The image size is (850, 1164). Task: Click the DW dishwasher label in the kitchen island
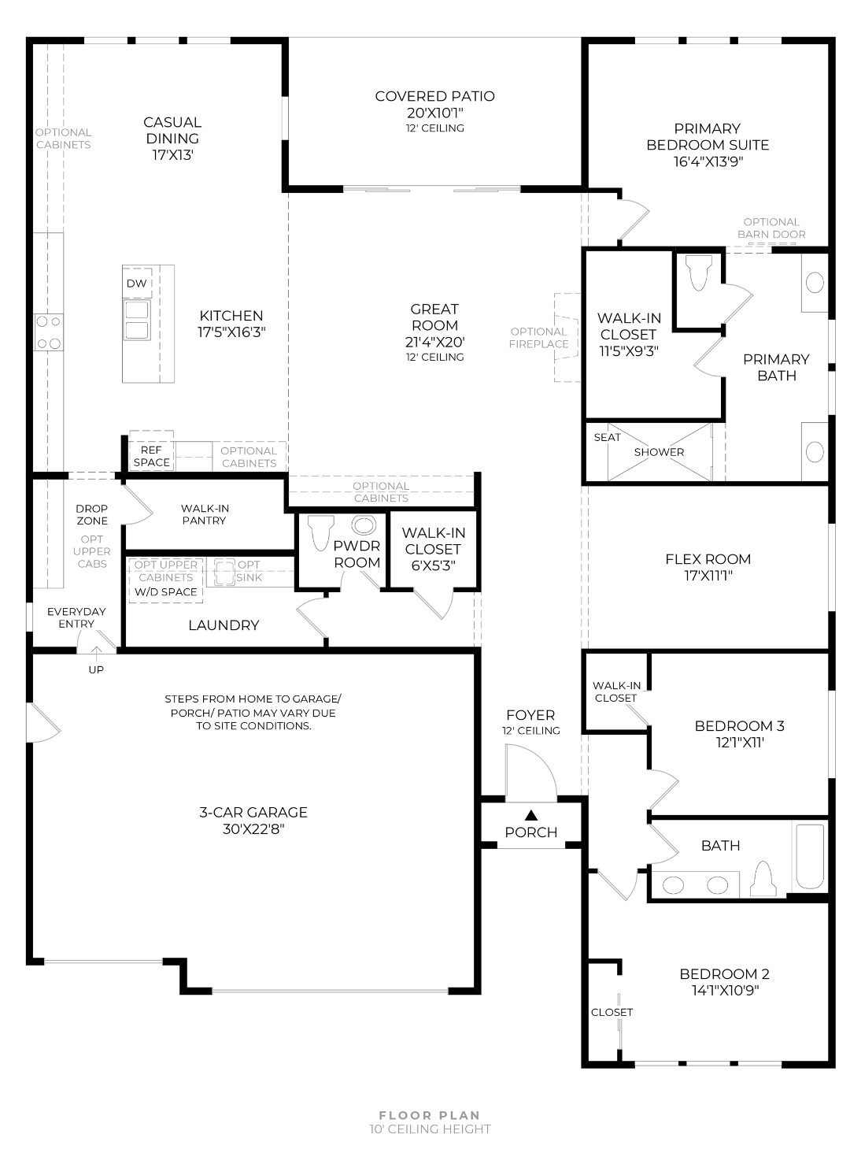137,284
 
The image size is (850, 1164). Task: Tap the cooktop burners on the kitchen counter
49,332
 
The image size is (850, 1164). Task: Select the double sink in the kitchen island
137,320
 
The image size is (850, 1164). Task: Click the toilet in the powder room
320,532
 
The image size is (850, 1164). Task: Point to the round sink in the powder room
364,525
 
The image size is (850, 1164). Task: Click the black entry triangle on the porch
530,815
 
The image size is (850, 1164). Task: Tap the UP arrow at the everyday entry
97,653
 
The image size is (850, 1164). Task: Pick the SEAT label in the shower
607,438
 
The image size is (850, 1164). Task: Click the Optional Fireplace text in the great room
538,338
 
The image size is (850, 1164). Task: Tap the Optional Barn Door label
771,228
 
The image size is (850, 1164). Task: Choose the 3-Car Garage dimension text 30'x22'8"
253,829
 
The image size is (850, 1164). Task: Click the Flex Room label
708,559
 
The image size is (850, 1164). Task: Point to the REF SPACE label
152,456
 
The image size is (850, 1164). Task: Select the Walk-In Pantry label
205,514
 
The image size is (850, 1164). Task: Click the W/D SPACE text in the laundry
165,592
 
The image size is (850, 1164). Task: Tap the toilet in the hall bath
763,879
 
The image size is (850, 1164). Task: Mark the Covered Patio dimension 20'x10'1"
435,113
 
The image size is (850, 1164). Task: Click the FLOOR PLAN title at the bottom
430,1115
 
